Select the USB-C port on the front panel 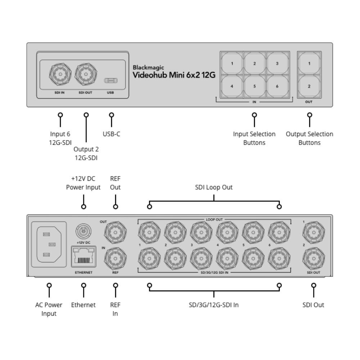(x=111, y=80)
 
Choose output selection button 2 (x=309, y=86)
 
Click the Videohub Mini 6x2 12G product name (x=174, y=75)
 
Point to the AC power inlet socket (x=49, y=244)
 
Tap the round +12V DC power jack (x=83, y=229)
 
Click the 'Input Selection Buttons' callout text (x=254, y=138)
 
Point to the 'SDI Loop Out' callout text (x=214, y=187)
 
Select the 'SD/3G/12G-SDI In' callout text (x=214, y=305)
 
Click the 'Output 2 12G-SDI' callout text (x=86, y=153)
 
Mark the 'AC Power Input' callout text (x=49, y=309)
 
